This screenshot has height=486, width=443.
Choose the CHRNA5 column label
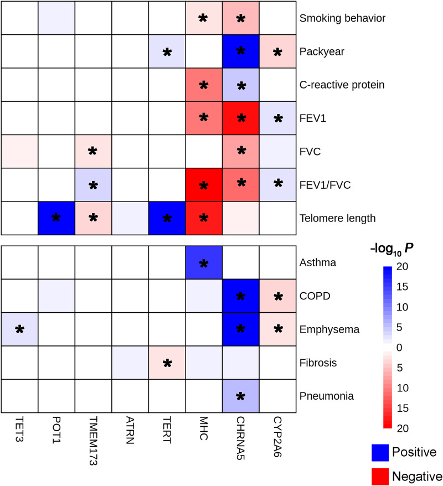(241, 440)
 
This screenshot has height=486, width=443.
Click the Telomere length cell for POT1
(56, 218)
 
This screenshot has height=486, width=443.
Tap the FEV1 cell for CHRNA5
(240, 118)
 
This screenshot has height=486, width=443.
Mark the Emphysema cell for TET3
(19, 329)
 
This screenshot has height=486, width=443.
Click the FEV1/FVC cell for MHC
(203, 185)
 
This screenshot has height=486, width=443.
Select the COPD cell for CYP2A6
(277, 297)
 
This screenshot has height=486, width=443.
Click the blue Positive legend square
(382, 452)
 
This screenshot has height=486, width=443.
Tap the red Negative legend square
(382, 475)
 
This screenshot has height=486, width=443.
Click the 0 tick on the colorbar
(413, 347)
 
